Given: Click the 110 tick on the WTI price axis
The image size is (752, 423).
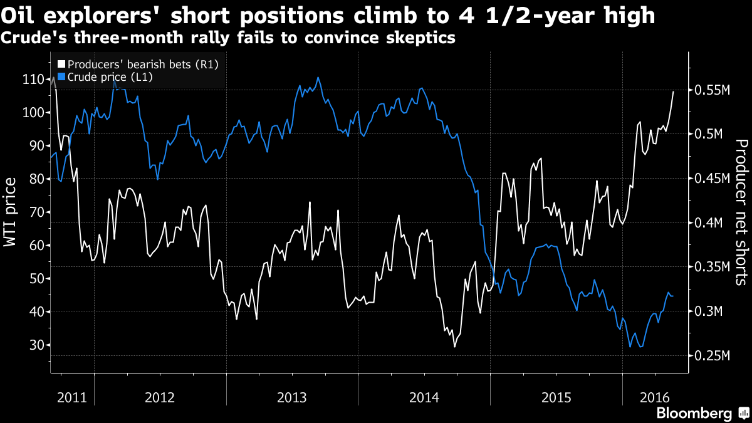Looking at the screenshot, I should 33,80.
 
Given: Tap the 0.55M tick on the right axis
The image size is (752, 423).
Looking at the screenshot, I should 709,90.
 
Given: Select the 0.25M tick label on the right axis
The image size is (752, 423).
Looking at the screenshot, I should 709,356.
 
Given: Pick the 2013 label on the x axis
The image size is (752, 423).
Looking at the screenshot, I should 291,397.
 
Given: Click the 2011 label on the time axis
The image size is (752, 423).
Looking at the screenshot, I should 71,397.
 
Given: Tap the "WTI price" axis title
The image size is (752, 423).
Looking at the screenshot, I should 11,212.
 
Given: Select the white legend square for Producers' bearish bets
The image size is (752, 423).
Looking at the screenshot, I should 61,64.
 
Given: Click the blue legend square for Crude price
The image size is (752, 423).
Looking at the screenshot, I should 61,76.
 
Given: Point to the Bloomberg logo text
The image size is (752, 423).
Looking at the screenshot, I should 694,414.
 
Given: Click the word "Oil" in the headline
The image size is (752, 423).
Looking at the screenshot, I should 23,16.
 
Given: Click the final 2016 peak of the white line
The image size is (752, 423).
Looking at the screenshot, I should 674,91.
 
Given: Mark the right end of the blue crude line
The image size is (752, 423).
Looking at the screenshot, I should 674,296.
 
